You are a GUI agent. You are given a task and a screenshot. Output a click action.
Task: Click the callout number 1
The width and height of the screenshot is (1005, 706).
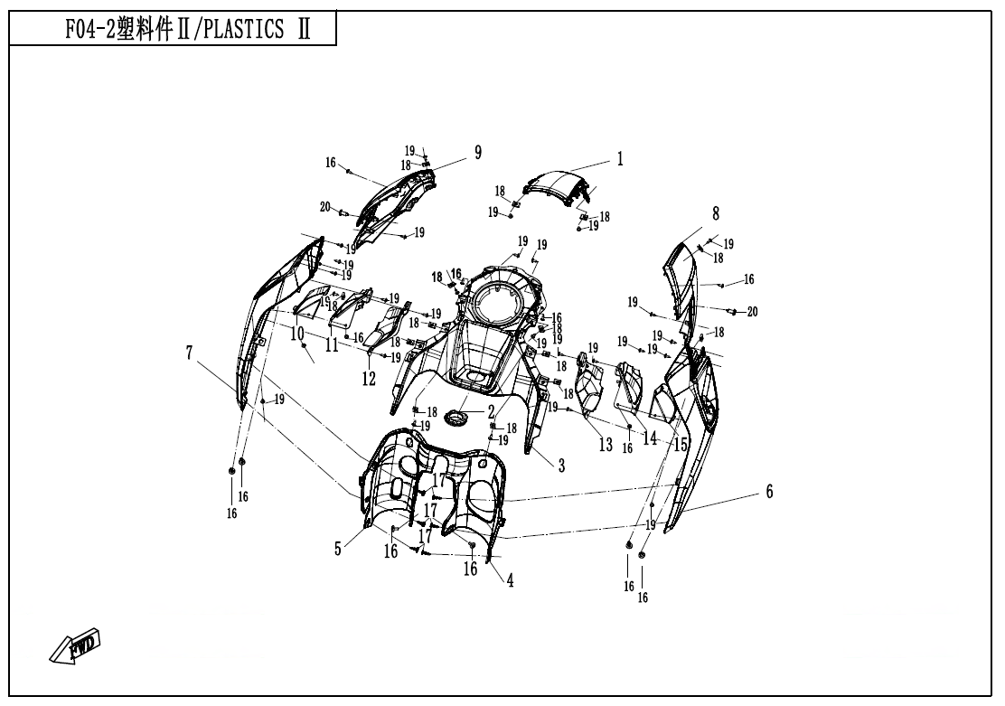620,159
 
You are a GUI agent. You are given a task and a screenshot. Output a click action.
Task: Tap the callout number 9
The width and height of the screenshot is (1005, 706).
478,152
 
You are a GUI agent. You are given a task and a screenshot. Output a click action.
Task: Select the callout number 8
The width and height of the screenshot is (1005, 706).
716,213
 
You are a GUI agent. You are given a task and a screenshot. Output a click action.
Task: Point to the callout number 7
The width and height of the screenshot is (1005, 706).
191,351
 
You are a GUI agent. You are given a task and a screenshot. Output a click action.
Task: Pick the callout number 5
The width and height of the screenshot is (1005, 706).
338,548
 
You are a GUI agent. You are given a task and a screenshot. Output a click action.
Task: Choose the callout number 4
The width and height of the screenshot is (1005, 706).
510,581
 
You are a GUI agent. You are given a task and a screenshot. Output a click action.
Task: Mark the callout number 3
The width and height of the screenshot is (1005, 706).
561,466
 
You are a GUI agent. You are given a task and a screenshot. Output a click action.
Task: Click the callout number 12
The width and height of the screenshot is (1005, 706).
369,380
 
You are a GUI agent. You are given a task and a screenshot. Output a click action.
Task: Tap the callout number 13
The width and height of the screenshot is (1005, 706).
605,445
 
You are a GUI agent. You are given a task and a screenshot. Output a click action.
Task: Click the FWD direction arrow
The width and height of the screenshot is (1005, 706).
75,645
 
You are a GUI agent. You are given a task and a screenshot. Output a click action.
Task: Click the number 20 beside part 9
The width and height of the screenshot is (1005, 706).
324,207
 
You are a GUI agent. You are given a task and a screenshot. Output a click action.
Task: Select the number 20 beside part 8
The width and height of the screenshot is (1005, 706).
751,311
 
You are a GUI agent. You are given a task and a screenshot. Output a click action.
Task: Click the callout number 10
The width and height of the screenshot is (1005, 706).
297,334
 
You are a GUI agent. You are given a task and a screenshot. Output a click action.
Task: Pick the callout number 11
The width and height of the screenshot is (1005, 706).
332,344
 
